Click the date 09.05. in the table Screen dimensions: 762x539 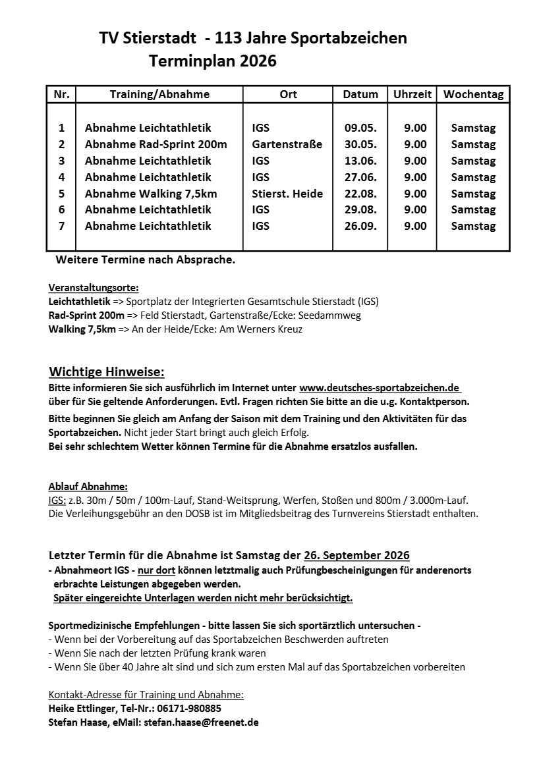pos(360,128)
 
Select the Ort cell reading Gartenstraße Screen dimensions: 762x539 pos(287,144)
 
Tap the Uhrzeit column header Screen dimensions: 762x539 pos(412,94)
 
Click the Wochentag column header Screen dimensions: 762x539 pos(473,94)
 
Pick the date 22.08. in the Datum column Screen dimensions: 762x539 pos(360,194)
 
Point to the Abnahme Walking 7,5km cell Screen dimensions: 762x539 pos(151,194)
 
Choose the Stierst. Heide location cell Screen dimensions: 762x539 pos(287,194)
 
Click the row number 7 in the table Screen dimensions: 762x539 pos(61,226)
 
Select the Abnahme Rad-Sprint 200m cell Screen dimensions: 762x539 pos(156,144)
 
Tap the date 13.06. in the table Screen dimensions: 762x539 pos(360,161)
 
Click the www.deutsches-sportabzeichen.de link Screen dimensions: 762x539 pos(380,387)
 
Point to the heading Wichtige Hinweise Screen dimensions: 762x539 pos(107,372)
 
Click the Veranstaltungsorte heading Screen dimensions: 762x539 pos(94,288)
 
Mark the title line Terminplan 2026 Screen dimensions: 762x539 pos(213,62)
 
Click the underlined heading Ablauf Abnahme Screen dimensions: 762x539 pos(88,487)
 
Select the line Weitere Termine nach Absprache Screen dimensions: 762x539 pos(145,259)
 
